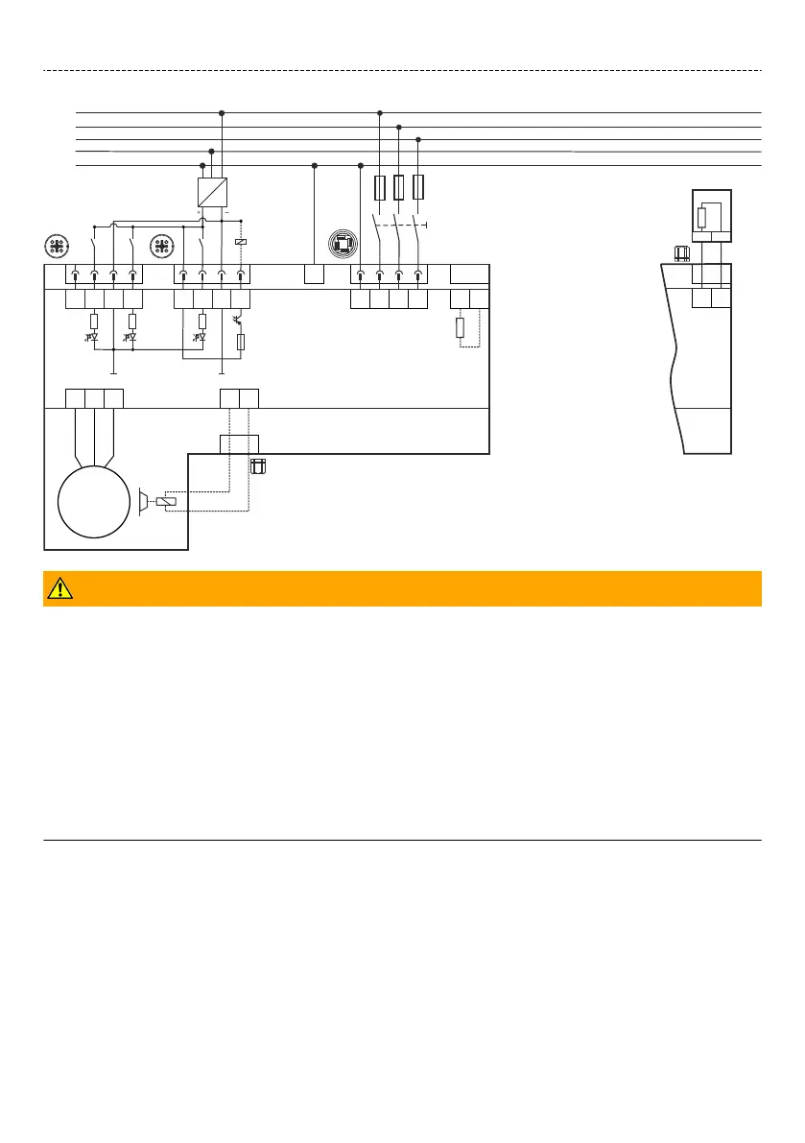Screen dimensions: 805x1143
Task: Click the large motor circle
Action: [92, 503]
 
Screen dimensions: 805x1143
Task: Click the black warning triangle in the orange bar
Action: [59, 589]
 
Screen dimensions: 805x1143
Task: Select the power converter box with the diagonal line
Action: [212, 192]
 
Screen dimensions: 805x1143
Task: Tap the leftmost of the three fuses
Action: [380, 186]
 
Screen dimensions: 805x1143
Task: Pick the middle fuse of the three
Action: [399, 186]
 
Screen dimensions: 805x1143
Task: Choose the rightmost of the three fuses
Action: [418, 186]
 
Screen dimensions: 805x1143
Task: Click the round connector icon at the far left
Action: [57, 246]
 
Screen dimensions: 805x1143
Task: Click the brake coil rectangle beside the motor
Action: [165, 502]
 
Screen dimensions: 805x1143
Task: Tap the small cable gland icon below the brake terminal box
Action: [257, 467]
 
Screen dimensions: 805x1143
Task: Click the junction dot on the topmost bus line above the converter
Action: [222, 113]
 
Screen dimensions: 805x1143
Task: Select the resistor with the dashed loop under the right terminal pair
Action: [460, 328]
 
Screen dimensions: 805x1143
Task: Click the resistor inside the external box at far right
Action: [701, 218]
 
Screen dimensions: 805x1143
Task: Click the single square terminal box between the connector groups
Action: [314, 274]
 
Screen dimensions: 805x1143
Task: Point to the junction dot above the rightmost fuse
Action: [418, 140]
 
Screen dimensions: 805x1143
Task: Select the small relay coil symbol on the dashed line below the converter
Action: [240, 242]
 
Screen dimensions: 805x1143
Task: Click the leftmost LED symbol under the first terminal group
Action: [94, 337]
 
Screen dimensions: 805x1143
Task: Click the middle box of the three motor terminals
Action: [94, 397]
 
